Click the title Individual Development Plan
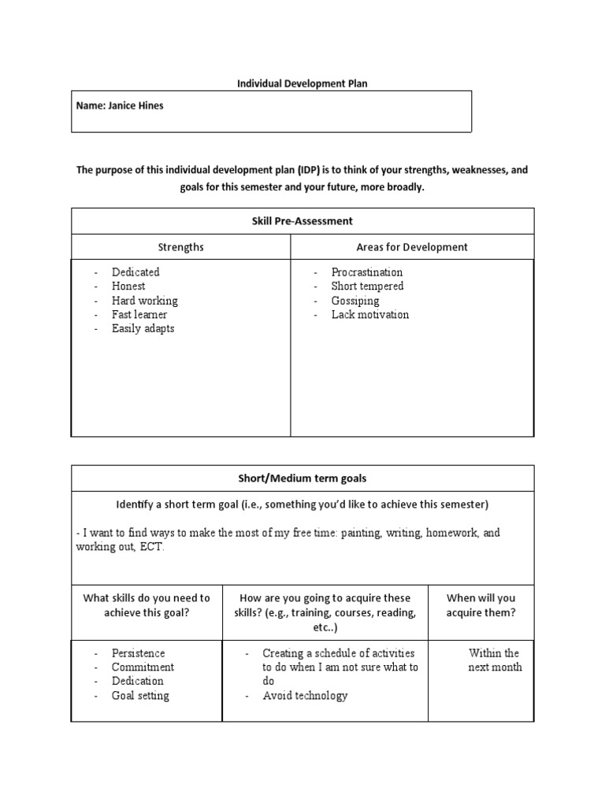coord(302,83)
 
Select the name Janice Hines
coord(120,105)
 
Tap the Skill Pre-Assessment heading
coord(302,221)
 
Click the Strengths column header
coord(181,247)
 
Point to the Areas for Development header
coord(412,247)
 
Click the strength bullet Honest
coord(128,287)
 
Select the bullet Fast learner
coord(139,315)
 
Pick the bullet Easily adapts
coord(143,329)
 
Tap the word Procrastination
coord(366,272)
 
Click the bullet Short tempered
coord(367,287)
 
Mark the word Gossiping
coord(355,301)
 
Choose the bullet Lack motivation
coord(370,315)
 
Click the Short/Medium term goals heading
coord(302,479)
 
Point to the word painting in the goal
coord(402,533)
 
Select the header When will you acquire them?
coord(481,605)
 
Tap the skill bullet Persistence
coord(139,653)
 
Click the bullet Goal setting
coord(140,696)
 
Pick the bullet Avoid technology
coord(305,696)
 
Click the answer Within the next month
coord(494,660)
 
